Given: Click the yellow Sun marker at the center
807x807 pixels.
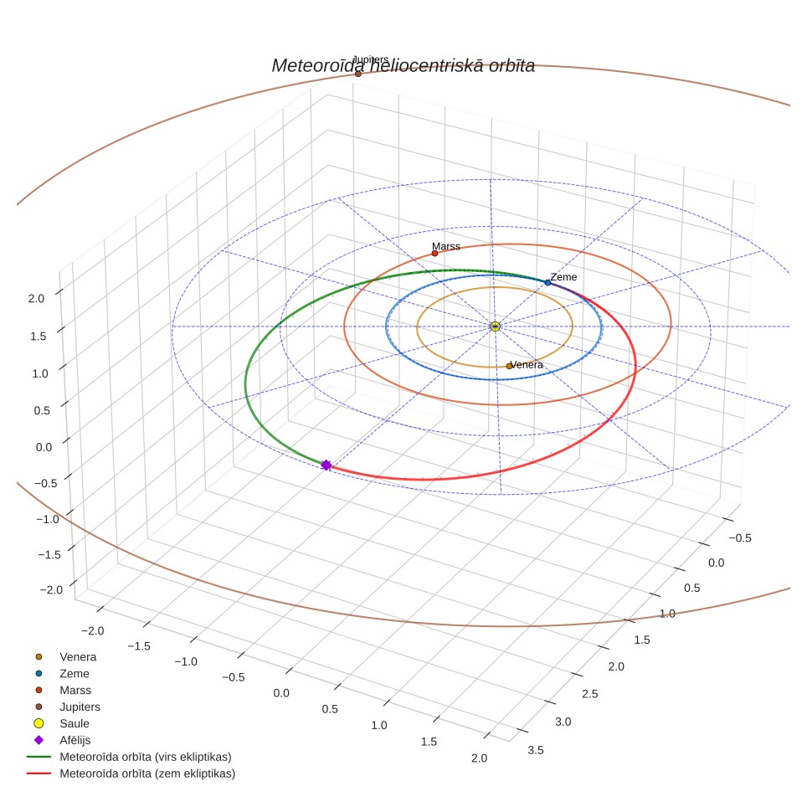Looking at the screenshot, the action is coord(495,326).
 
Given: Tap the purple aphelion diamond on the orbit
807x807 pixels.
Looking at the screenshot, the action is coord(326,465).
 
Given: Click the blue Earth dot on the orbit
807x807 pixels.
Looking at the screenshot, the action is coord(547,283).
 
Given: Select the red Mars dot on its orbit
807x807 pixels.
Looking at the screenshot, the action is coord(435,253).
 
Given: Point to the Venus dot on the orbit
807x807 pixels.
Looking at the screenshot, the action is coord(509,366).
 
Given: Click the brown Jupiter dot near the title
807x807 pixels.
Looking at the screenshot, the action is coord(358,74).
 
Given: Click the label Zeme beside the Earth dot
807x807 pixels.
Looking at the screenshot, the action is coord(563,277).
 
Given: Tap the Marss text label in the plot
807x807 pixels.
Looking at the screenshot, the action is coord(445,246).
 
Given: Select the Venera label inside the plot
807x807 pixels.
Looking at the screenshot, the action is coord(527,365).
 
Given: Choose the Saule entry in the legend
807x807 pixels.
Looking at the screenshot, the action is coord(75,723).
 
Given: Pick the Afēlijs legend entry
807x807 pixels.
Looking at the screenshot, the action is coord(75,740).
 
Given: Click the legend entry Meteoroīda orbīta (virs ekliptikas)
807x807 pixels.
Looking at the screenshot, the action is coord(146,757).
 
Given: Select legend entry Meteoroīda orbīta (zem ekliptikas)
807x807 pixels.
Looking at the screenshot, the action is coord(147,774).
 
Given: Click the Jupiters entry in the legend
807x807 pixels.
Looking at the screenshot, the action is coord(80,707).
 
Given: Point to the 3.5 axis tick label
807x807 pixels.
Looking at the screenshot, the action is coord(535,750).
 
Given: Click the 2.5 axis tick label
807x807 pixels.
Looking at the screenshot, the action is coord(590,694).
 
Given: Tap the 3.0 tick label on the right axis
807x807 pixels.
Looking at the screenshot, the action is coord(563,722).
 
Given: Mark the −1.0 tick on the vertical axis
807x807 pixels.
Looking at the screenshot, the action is coord(48,519).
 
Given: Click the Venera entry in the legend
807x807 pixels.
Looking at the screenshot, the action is coord(78,656).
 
